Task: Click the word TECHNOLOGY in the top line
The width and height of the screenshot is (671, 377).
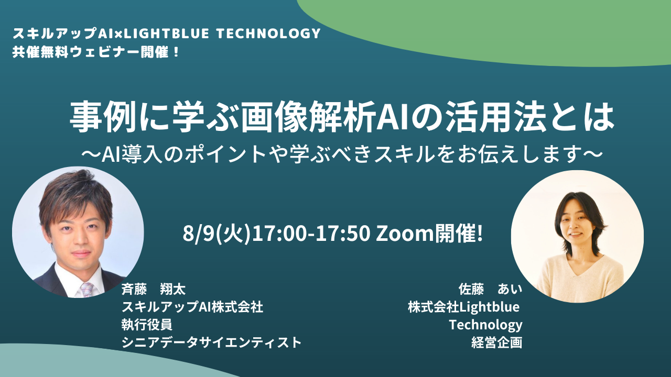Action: point(268,34)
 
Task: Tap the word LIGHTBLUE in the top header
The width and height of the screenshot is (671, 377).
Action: point(167,34)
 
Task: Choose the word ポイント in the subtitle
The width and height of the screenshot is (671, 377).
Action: point(225,154)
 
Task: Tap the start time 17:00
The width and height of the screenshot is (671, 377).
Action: point(280,234)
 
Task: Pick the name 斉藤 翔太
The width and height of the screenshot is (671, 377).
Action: point(154,289)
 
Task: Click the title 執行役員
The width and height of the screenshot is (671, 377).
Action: point(147,325)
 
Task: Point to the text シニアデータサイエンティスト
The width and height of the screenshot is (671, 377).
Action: point(211,342)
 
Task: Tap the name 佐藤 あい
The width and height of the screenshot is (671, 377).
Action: point(490,289)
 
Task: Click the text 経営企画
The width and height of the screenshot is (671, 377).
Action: point(497,342)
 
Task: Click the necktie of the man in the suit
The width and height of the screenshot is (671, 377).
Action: point(87,290)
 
